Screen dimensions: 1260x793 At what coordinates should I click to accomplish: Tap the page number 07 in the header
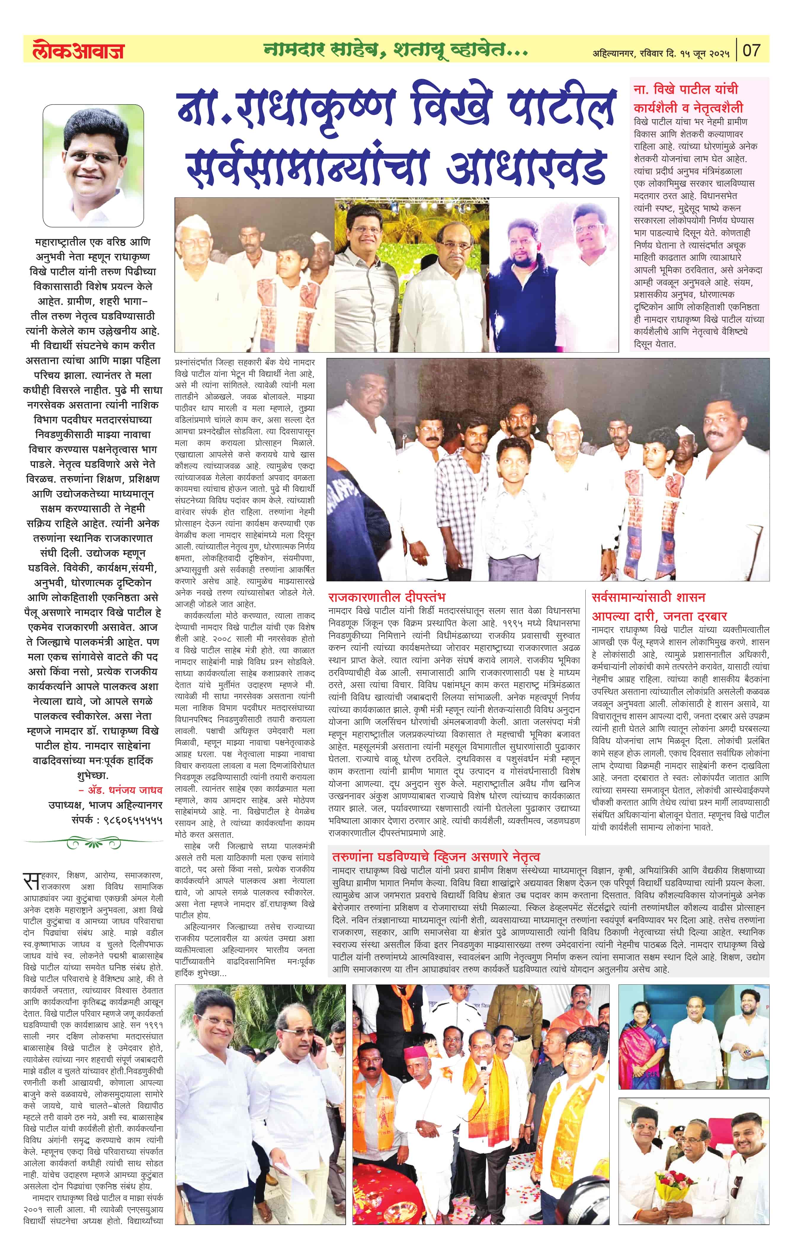[x=751, y=50]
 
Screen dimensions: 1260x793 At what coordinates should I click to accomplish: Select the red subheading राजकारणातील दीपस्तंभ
[x=387, y=597]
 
